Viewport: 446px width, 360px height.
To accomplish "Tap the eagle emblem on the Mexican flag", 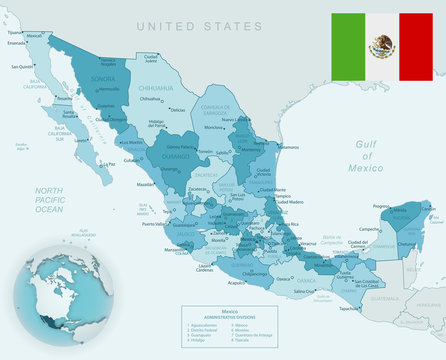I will (382, 45).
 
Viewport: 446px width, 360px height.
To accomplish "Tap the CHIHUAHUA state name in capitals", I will (153, 88).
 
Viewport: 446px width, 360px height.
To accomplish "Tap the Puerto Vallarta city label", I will (156, 225).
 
